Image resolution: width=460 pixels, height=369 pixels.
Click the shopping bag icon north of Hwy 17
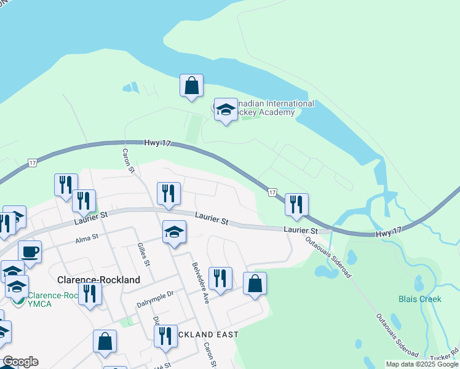192,85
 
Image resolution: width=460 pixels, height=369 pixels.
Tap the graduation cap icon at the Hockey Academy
226,110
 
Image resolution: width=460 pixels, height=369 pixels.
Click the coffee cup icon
30,252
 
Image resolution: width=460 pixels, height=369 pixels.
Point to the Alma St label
87,241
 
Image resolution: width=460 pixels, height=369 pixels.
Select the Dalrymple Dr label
155,295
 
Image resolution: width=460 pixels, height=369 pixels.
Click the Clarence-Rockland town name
98,279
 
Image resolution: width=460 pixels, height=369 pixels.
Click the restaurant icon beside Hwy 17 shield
296,204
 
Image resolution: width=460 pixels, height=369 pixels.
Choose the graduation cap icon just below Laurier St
175,232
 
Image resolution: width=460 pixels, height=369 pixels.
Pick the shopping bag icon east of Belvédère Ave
255,284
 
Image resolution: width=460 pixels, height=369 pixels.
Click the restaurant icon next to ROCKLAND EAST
165,336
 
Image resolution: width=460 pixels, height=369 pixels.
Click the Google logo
20,362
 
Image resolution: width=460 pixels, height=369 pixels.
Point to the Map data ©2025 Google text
421,364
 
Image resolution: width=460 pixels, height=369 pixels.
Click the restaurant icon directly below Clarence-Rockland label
90,294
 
